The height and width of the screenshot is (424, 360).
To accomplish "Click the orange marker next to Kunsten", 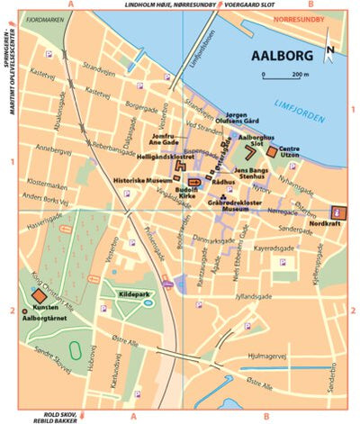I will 39,295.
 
